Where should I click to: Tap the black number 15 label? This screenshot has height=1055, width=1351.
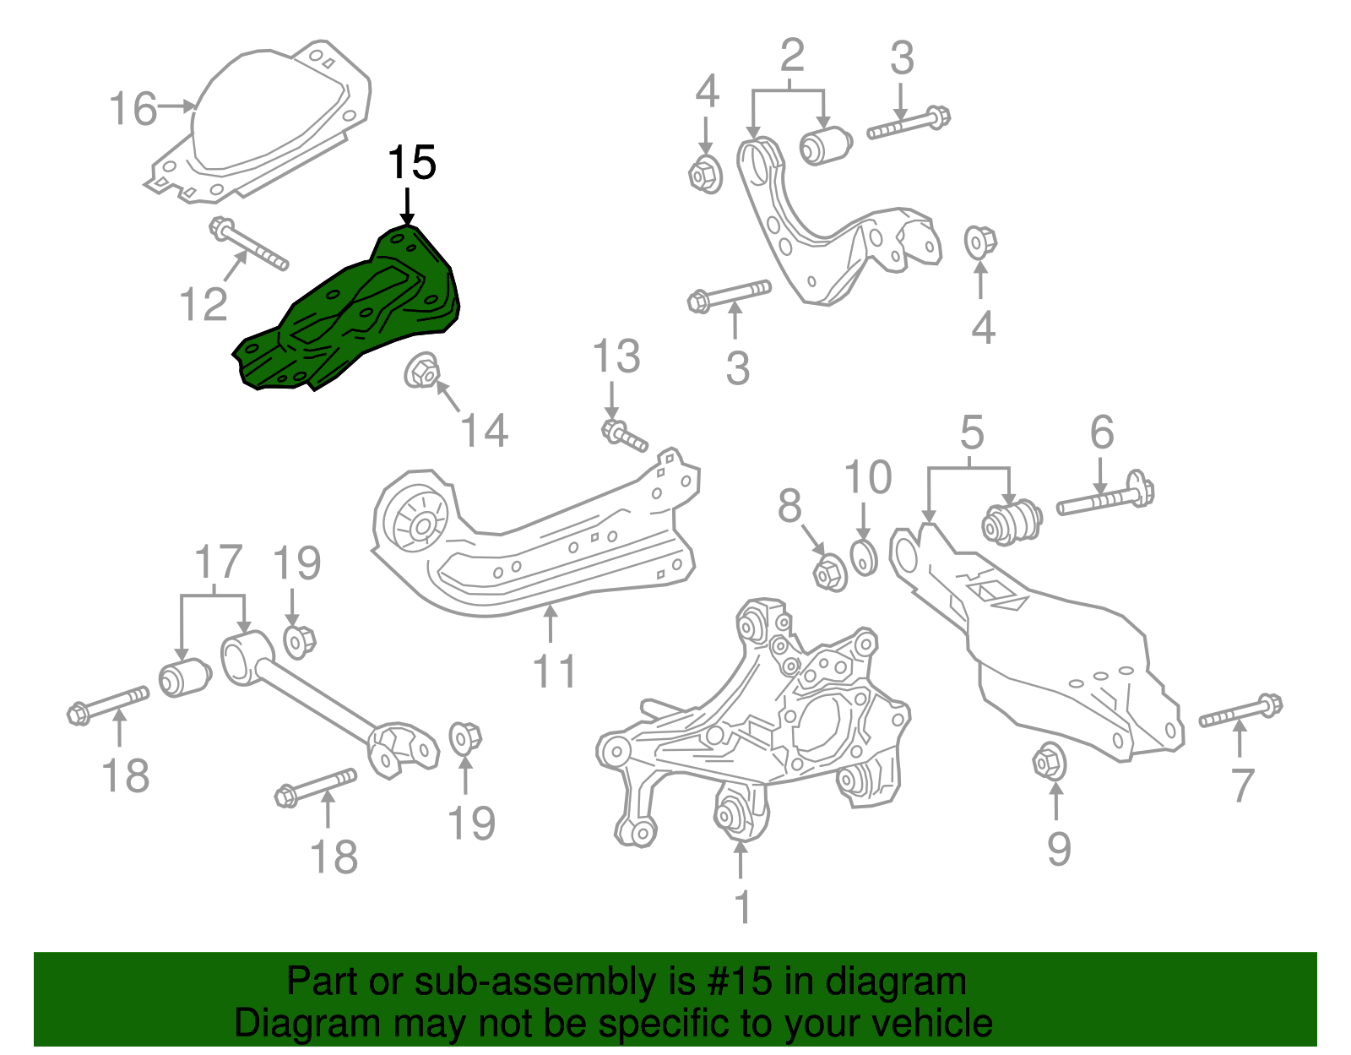tap(411, 162)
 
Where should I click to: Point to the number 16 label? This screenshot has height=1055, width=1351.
tap(133, 110)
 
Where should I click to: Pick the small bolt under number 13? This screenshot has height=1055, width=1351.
tap(624, 436)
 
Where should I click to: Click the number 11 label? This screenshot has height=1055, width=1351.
tap(554, 672)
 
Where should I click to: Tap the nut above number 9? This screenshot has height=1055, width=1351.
tap(1050, 762)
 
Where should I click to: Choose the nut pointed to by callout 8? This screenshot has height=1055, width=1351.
tap(830, 573)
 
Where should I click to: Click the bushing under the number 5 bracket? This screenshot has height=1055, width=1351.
tap(1012, 521)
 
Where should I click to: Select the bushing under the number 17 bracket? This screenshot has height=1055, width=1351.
tap(184, 677)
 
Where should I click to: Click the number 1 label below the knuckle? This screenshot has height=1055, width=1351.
tap(741, 908)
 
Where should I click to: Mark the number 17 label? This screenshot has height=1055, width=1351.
tap(218, 562)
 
